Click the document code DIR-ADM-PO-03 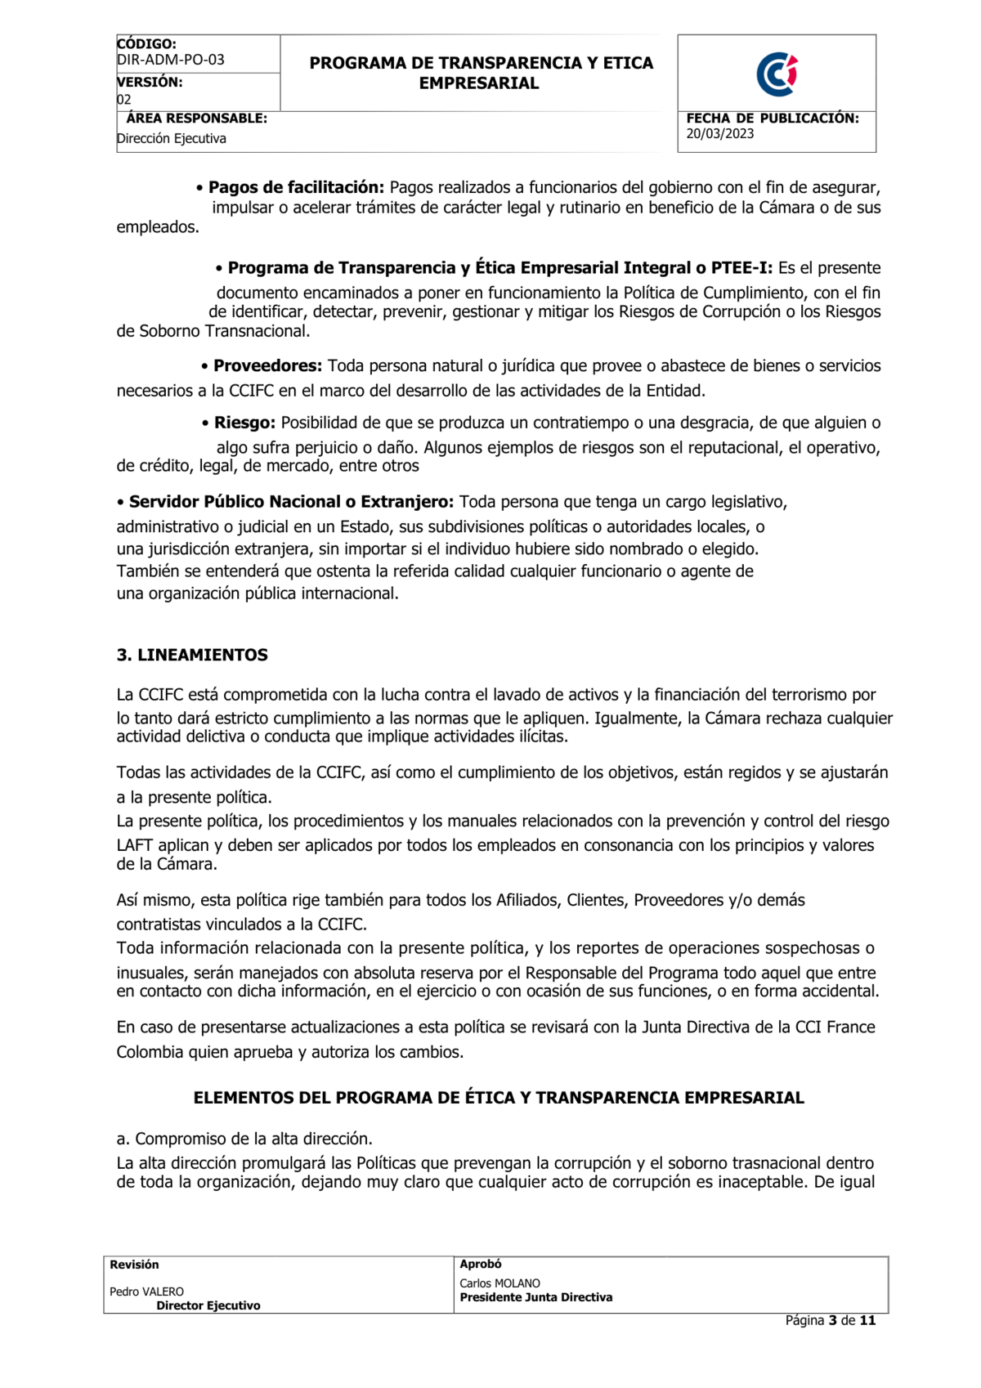point(171,60)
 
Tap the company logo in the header point(777,74)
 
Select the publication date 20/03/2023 point(720,134)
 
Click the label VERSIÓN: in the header point(150,82)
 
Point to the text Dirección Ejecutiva point(172,139)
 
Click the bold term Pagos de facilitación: point(296,187)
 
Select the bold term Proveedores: point(267,365)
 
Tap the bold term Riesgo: point(244,423)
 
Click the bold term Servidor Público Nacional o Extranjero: point(291,501)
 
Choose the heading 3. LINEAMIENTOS point(192,655)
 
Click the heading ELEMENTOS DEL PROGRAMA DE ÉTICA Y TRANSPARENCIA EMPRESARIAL point(499,1098)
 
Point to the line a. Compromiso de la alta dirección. point(244,1139)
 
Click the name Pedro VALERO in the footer point(147,1292)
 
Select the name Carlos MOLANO point(499,1283)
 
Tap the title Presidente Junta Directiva point(535,1297)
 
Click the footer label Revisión point(135,1265)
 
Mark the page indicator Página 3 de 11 point(830,1320)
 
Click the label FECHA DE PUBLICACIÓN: point(773,119)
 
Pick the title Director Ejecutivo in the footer point(208,1305)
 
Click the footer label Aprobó point(481,1264)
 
